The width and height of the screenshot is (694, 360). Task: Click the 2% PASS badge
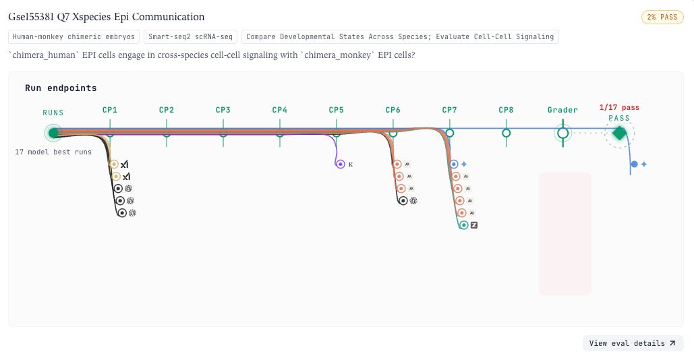[662, 18]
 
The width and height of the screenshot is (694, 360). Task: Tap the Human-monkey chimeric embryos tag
[74, 36]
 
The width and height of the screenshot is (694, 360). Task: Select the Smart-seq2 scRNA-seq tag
[190, 36]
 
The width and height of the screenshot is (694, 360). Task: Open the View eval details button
[633, 343]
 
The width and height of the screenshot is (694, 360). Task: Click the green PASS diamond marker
[619, 133]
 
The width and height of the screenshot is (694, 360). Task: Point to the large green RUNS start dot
[53, 133]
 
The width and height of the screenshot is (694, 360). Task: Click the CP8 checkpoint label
[506, 110]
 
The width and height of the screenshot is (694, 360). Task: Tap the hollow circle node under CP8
[507, 133]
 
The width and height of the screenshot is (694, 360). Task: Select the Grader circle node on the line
[562, 133]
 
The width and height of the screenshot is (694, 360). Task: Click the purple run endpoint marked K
[340, 164]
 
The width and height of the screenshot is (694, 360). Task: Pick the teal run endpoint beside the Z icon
[463, 225]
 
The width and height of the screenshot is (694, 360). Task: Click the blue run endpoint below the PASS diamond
[634, 164]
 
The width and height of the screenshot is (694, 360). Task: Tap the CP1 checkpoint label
[110, 110]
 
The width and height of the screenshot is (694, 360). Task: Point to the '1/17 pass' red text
[619, 107]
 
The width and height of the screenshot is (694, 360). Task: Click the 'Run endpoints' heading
[61, 88]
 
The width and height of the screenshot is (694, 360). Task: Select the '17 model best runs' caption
[53, 152]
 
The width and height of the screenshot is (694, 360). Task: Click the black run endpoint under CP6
[403, 201]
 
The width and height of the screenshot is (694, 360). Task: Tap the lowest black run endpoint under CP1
[121, 213]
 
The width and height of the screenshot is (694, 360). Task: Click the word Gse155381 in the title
[31, 17]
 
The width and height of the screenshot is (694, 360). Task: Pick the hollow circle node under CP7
[450, 133]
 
